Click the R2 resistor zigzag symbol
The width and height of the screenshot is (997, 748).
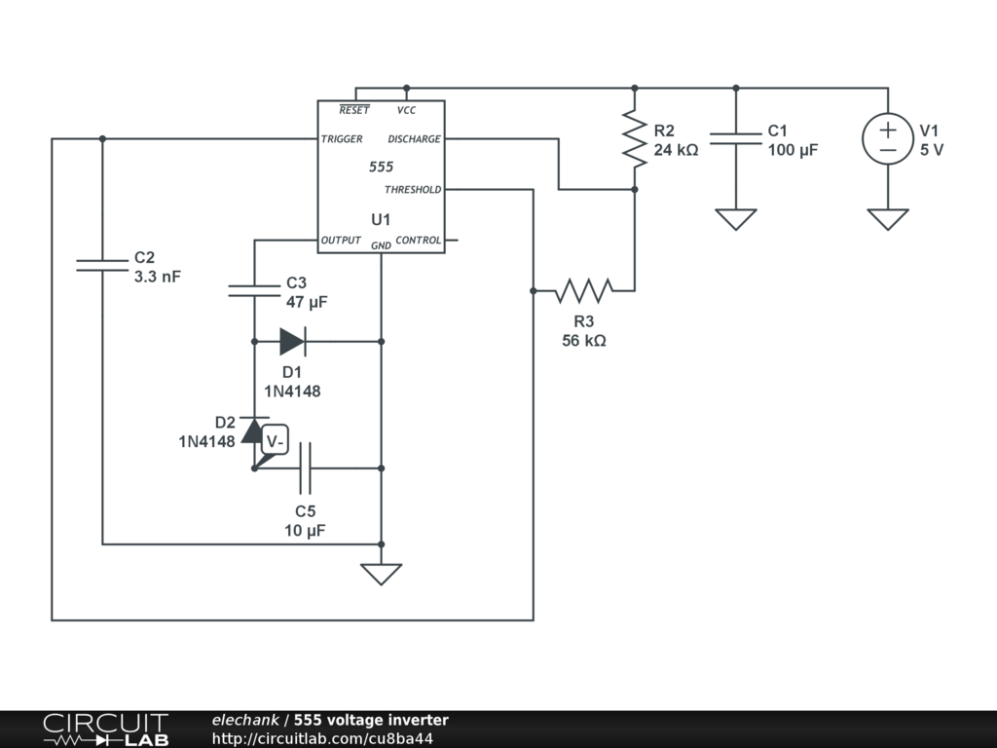coord(634,138)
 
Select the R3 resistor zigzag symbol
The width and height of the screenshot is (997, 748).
coord(583,290)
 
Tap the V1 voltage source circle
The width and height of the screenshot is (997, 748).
coord(888,138)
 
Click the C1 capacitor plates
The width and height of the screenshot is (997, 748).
coord(735,138)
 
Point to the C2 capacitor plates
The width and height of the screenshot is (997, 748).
coord(102,264)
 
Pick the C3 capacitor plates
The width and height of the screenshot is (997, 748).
coord(254,289)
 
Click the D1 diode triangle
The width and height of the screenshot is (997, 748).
coord(292,341)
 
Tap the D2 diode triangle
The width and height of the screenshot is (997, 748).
coord(254,430)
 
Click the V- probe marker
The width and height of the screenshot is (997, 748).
coord(277,442)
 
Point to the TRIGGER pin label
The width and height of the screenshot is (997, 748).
coord(342,139)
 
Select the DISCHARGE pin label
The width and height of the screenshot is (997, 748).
coord(414,139)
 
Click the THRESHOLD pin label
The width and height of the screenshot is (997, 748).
coord(413,190)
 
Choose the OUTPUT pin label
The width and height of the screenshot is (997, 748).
coord(341,241)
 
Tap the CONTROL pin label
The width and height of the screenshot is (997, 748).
coord(419,241)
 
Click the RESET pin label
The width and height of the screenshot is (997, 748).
coord(354,111)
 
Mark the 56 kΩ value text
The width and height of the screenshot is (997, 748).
coord(584,341)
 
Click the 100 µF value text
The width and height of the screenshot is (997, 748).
coord(793,151)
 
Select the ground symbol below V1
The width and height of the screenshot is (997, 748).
coord(888,219)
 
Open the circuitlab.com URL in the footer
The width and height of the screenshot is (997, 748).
coord(322,738)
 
